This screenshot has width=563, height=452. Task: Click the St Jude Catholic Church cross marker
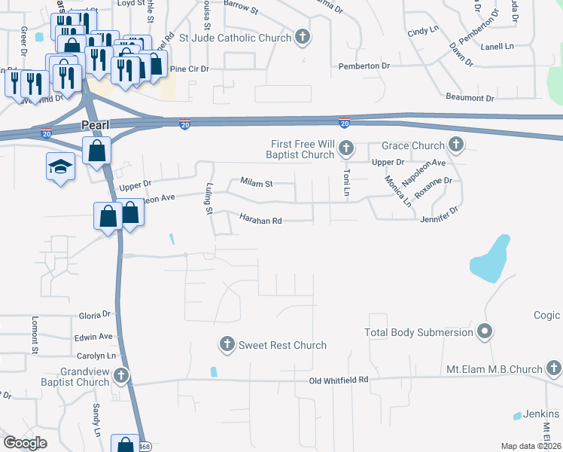click(x=302, y=37)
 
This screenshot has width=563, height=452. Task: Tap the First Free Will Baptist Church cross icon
click(x=346, y=148)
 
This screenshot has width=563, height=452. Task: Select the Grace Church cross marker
click(x=455, y=144)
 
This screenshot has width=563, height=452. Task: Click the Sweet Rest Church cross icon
click(x=227, y=344)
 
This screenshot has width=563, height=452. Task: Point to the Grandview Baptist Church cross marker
click(x=120, y=376)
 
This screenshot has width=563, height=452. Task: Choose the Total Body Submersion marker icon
click(x=485, y=331)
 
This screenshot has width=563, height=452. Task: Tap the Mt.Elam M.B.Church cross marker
click(x=554, y=368)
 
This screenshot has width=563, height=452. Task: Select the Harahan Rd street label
click(x=260, y=220)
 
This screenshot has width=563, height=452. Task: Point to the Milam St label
click(x=256, y=182)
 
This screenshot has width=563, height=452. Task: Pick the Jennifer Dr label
click(x=439, y=215)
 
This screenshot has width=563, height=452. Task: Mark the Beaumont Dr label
click(x=470, y=98)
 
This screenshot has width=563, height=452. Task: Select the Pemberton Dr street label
click(x=364, y=66)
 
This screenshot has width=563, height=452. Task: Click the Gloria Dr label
click(x=95, y=314)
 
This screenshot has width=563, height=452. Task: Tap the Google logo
click(x=26, y=443)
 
